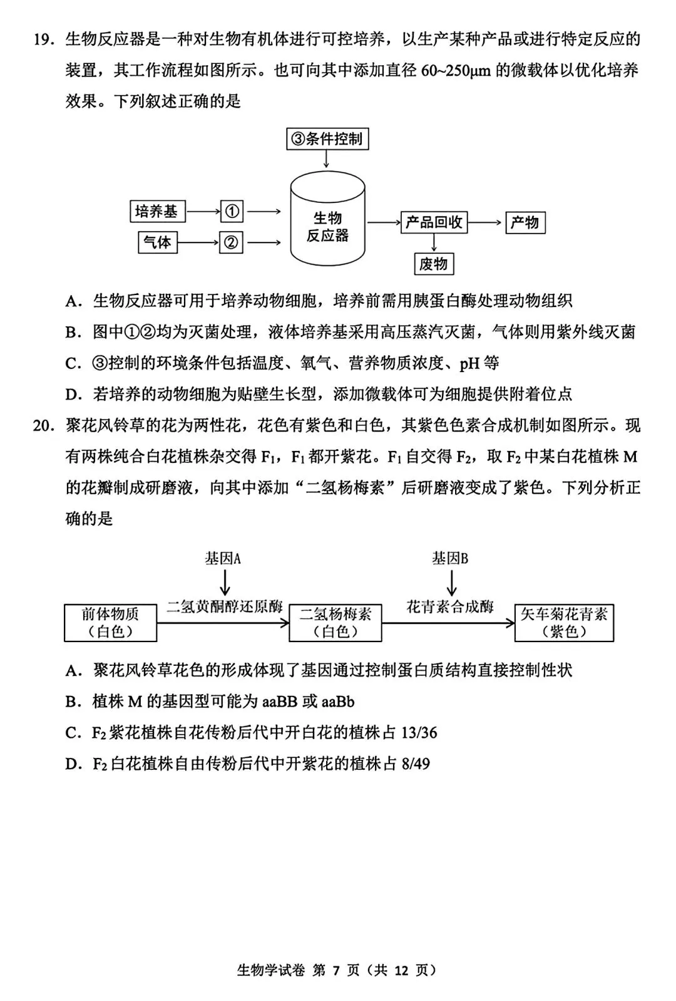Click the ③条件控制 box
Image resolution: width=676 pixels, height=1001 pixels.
click(x=327, y=139)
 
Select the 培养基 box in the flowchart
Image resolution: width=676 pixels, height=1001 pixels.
click(x=156, y=211)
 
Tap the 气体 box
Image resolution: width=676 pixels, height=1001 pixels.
click(x=157, y=242)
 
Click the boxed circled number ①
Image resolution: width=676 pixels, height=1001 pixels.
click(x=232, y=212)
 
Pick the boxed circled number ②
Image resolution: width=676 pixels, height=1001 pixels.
click(x=232, y=242)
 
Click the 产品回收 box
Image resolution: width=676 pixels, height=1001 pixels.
click(x=434, y=222)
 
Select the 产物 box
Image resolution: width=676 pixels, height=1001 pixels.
click(x=525, y=222)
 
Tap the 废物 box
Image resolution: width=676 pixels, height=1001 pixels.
click(x=433, y=264)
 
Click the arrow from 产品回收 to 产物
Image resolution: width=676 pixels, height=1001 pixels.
click(x=486, y=222)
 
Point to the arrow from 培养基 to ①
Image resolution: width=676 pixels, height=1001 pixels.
click(x=203, y=212)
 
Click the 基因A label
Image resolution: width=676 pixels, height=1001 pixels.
click(x=223, y=558)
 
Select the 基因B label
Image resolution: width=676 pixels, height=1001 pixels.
click(x=449, y=558)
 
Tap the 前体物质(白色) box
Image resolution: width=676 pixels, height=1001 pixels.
click(x=110, y=623)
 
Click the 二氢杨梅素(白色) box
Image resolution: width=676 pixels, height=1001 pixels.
click(x=335, y=623)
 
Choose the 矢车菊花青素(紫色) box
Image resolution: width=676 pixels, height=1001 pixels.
click(x=564, y=623)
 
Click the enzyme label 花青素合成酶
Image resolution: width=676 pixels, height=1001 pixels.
click(x=449, y=606)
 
